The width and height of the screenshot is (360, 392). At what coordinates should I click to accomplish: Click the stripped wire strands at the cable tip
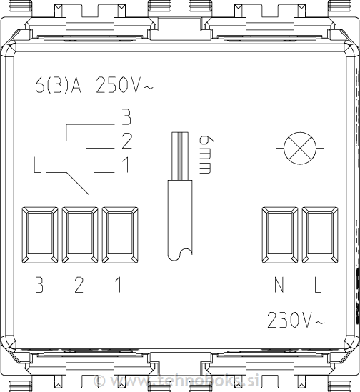[x=179, y=156]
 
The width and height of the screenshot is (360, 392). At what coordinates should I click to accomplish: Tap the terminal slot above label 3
[x=40, y=234]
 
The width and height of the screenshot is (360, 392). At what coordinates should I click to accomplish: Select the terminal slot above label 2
[x=79, y=234]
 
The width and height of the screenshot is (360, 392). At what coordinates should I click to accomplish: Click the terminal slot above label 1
[x=119, y=234]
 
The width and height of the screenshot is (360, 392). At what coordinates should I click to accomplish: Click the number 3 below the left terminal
[x=40, y=286]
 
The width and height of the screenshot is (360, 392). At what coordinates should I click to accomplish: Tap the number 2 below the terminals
[x=79, y=286]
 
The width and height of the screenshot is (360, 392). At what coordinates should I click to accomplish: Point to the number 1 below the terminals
[x=119, y=286]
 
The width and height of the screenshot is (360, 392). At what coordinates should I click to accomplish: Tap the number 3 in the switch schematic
[x=126, y=116]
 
